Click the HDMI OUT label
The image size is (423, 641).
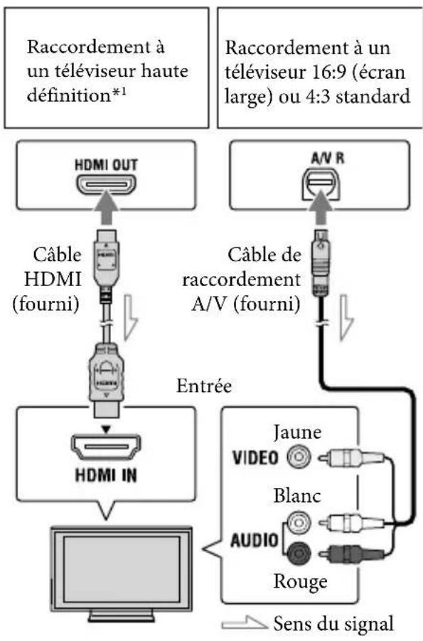coord(106,164)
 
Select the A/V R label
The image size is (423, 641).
coord(327,158)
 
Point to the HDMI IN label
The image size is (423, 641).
coord(106,475)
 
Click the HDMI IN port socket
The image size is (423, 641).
coord(106,447)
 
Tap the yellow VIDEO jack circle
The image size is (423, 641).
coord(299,457)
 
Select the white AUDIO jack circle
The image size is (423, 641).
coord(299,521)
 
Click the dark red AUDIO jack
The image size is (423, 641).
coord(299,553)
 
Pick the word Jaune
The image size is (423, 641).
coord(297,433)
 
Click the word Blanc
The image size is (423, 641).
coord(297,496)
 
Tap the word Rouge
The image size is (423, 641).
coord(301,581)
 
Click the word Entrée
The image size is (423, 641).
coord(204,386)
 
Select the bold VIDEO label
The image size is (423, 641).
coord(255,457)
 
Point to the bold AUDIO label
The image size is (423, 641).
coord(255,540)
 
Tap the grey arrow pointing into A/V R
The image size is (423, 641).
coord(321,212)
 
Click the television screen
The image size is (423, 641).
coord(121,569)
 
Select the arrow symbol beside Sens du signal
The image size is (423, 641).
coord(244,623)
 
